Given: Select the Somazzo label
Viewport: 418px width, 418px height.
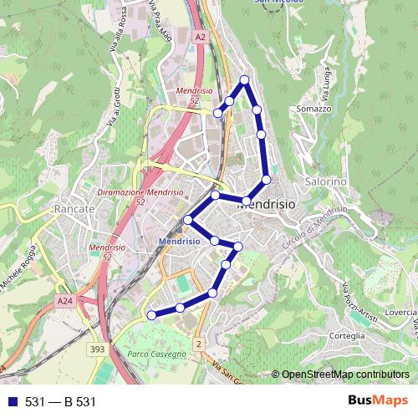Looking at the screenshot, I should coord(314,110).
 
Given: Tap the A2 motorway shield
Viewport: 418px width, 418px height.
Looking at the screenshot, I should coord(199,38).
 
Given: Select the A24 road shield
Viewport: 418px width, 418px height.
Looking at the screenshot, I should coord(66,300).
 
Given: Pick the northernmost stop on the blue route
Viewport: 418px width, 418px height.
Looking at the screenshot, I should coord(245,79).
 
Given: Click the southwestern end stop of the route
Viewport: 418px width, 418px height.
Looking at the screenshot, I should coord(151,315).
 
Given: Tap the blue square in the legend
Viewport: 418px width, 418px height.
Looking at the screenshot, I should coord(13,401).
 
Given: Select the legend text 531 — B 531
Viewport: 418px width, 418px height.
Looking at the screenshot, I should coord(61,401).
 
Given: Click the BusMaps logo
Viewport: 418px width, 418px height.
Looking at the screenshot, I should coord(377,400).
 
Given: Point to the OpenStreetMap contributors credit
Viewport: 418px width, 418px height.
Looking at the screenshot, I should coord(344,374).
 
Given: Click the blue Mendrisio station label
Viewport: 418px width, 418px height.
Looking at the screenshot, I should coord(179,241).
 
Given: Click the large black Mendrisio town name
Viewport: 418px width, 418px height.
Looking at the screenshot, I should coord(268,203).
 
